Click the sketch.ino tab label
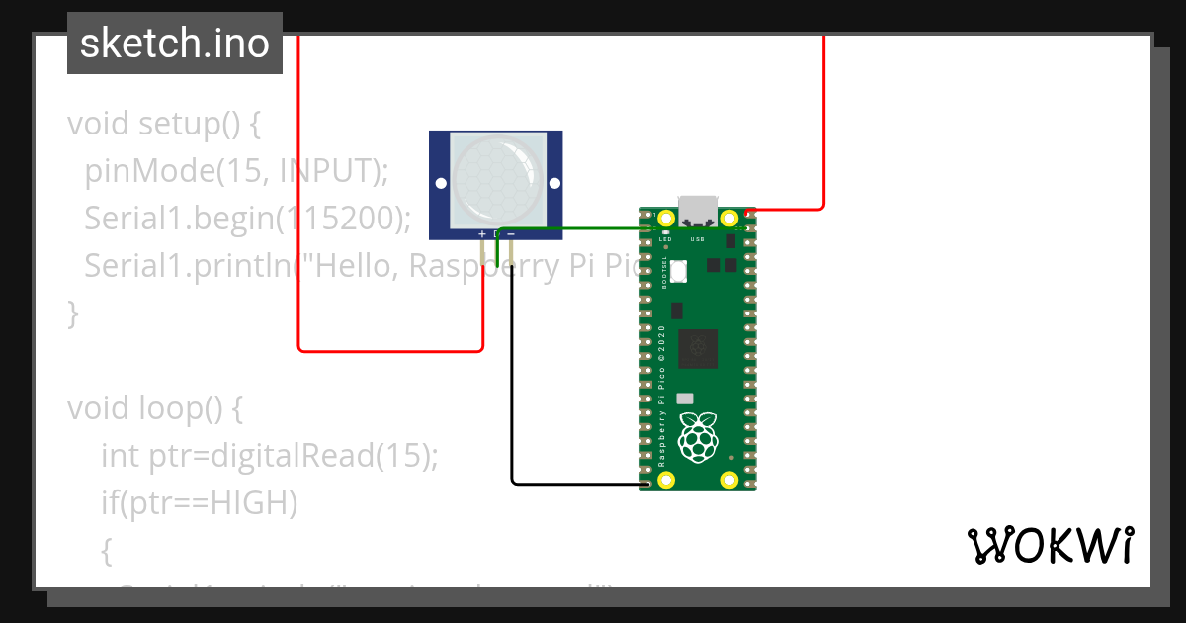pyautogui.click(x=175, y=44)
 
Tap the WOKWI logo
pyautogui.click(x=1049, y=545)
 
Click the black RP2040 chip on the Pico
pyautogui.click(x=698, y=347)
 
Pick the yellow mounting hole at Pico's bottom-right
pyautogui.click(x=730, y=481)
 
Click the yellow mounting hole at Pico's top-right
pyautogui.click(x=730, y=218)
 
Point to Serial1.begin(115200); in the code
pyautogui.click(x=247, y=218)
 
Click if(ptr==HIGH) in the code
pyautogui.click(x=199, y=502)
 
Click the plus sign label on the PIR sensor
pyautogui.click(x=482, y=234)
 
